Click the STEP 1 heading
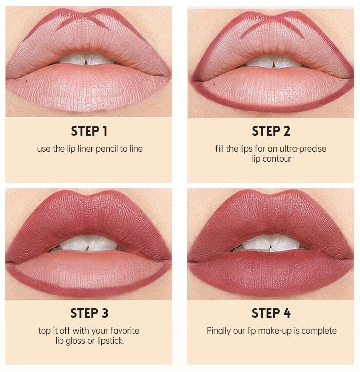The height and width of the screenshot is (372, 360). pos(89,131)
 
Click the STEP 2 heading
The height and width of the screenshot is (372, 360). pos(271,131)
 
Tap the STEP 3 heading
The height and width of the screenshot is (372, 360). pos(89,313)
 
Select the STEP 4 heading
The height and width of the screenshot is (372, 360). pos(271,313)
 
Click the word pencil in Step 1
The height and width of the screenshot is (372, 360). pos(107,149)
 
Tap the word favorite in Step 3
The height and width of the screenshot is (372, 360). pos(125,331)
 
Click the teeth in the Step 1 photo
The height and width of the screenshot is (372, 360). pos(86,59)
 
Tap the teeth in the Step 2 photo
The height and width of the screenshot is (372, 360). pos(273,62)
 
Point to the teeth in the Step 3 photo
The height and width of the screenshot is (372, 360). pos(88,244)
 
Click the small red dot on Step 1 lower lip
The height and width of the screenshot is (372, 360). pos(26,81)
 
